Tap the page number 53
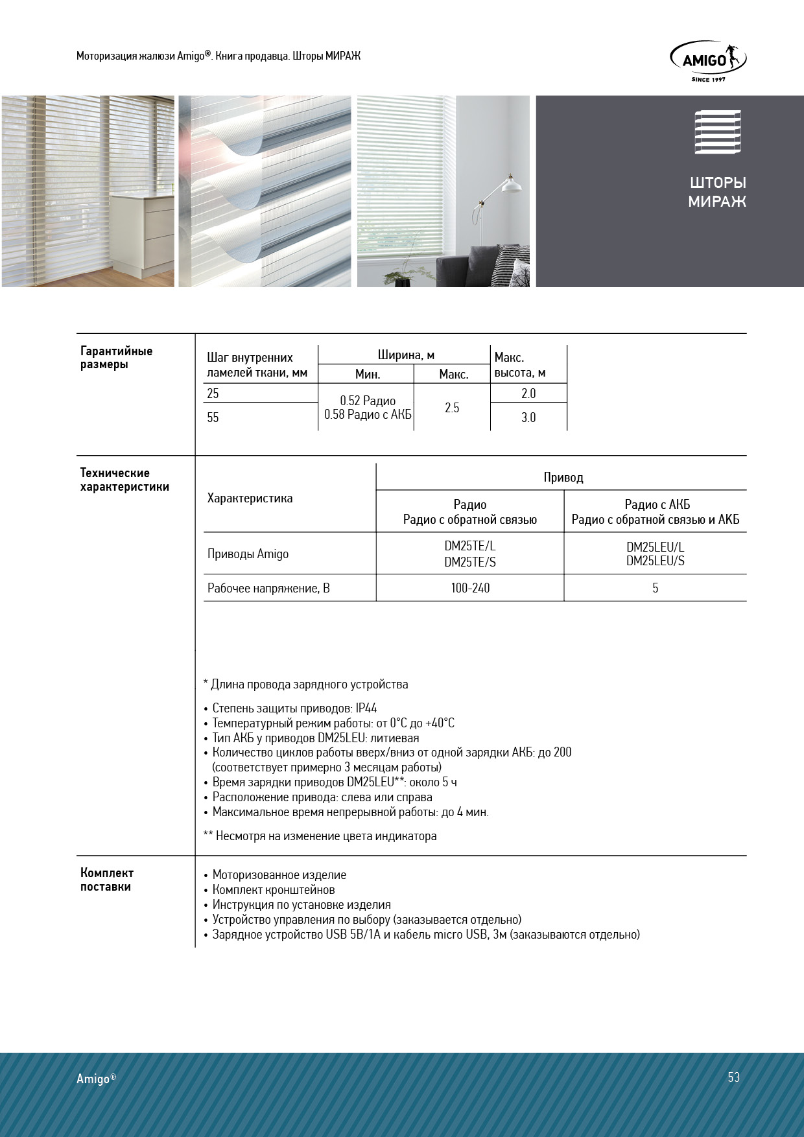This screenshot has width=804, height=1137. [x=733, y=1077]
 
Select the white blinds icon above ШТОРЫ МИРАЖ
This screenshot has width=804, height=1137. [x=717, y=132]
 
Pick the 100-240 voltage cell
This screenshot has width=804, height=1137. [x=470, y=589]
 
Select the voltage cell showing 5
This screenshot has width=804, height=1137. [x=655, y=589]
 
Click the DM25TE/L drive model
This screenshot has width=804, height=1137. [x=470, y=547]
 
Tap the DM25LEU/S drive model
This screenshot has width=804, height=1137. [x=655, y=561]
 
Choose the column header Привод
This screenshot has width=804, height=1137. [x=563, y=478]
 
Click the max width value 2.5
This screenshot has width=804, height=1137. [x=452, y=408]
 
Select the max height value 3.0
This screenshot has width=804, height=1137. [x=528, y=417]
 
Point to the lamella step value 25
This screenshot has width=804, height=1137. [x=213, y=393]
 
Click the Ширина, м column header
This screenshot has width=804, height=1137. [x=406, y=355]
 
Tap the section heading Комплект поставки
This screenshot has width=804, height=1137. [x=107, y=880]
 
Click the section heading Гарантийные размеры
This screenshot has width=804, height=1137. [x=116, y=357]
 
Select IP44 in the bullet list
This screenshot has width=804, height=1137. [x=366, y=709]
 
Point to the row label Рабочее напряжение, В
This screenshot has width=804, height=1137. [x=268, y=589]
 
